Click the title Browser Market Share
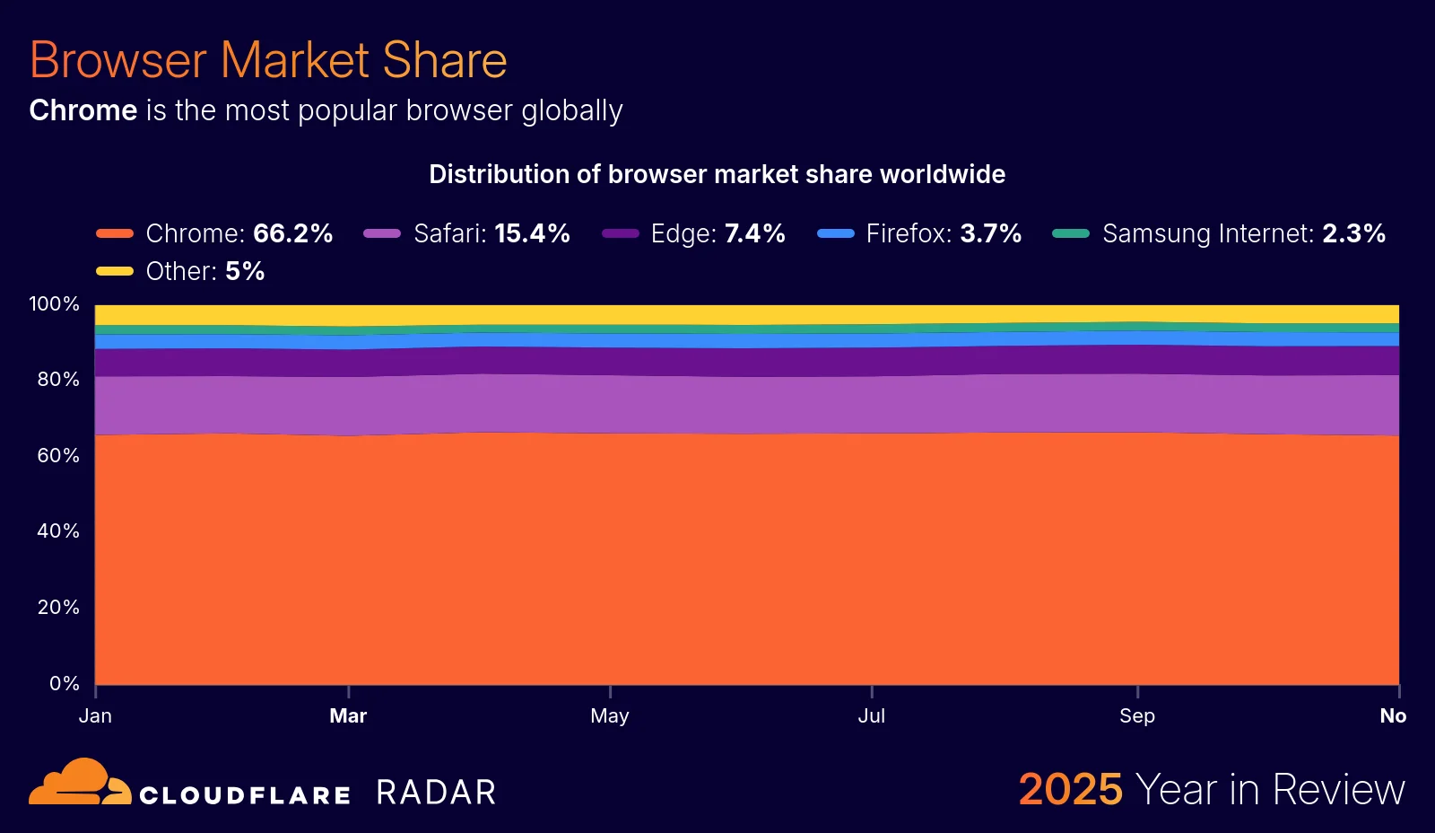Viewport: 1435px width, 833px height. (x=268, y=60)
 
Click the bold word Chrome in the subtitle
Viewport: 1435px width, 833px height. (x=83, y=110)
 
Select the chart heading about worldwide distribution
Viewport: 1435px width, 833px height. (x=717, y=174)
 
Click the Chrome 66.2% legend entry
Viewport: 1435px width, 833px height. (x=215, y=233)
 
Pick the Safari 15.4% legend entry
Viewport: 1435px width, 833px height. (x=467, y=233)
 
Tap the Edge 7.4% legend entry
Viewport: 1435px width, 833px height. (x=694, y=233)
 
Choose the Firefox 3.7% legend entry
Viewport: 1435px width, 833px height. (x=920, y=233)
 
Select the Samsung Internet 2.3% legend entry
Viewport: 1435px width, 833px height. (x=1220, y=233)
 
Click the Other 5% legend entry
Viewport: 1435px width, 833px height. (x=181, y=271)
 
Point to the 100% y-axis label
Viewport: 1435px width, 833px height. (x=54, y=303)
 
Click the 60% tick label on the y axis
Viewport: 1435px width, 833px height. (x=58, y=455)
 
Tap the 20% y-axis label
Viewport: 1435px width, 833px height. (x=58, y=607)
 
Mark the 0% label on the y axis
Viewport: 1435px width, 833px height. (x=64, y=683)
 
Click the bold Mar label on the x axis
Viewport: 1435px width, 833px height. (x=348, y=715)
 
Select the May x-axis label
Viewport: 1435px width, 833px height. (x=610, y=715)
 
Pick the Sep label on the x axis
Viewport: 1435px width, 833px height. (x=1136, y=715)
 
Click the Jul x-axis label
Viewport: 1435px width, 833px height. (x=871, y=715)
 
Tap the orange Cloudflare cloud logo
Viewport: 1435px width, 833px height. (x=80, y=783)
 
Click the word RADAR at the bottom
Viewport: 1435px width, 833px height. (x=436, y=793)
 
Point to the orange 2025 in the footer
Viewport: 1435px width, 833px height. (x=1070, y=790)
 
